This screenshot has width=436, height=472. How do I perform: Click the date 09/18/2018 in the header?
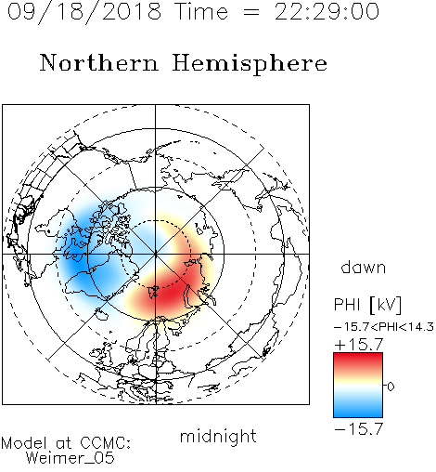pyautogui.click(x=84, y=12)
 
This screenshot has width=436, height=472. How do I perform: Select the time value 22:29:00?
pyautogui.click(x=327, y=12)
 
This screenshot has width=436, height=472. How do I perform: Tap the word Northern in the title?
pyautogui.click(x=98, y=62)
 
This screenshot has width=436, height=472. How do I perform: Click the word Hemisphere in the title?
pyautogui.click(x=250, y=63)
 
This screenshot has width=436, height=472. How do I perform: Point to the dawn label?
pyautogui.click(x=364, y=267)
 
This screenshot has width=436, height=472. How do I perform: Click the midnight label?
pyautogui.click(x=218, y=437)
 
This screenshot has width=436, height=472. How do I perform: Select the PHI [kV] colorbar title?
pyautogui.click(x=367, y=305)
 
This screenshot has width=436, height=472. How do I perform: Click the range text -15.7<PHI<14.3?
pyautogui.click(x=384, y=327)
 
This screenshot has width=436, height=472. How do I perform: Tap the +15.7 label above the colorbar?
pyautogui.click(x=359, y=344)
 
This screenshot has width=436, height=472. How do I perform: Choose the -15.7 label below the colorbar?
pyautogui.click(x=359, y=428)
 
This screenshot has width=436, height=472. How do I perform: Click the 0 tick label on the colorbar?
pyautogui.click(x=391, y=387)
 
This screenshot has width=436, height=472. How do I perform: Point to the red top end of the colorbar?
pyautogui.click(x=358, y=355)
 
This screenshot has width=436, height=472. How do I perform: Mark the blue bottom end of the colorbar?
pyautogui.click(x=358, y=415)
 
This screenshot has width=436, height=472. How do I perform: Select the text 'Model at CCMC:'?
pyautogui.click(x=66, y=443)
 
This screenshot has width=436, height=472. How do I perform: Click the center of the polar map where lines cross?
pyautogui.click(x=156, y=254)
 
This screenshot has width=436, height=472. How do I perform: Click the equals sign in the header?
pyautogui.click(x=251, y=12)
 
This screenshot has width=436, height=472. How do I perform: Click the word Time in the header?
pyautogui.click(x=201, y=12)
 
